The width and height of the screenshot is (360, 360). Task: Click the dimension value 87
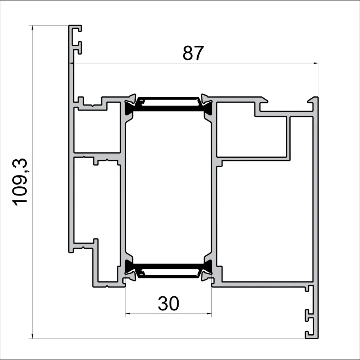click(x=193, y=53)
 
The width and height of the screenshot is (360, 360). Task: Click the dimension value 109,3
click(x=21, y=182)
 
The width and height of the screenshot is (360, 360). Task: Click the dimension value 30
click(x=168, y=303)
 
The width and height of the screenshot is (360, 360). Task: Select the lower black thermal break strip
click(x=169, y=270)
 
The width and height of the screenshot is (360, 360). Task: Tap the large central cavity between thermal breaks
click(x=169, y=186)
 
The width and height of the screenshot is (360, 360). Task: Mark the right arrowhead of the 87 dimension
click(x=315, y=63)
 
